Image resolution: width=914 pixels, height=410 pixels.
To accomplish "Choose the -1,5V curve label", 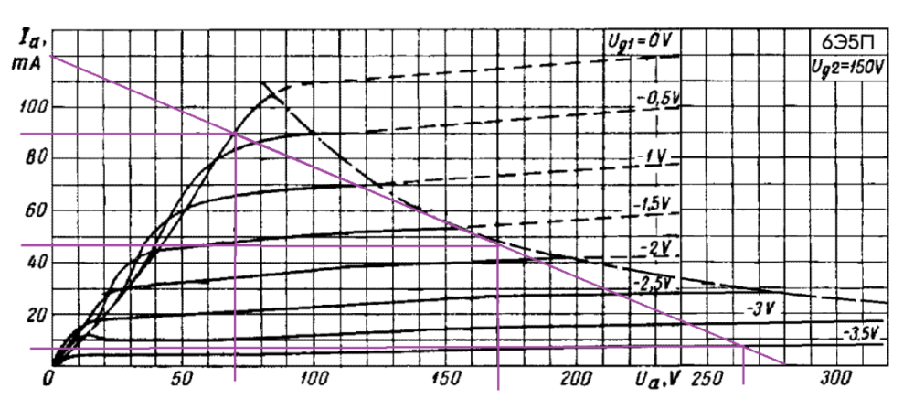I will [x=653, y=202].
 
